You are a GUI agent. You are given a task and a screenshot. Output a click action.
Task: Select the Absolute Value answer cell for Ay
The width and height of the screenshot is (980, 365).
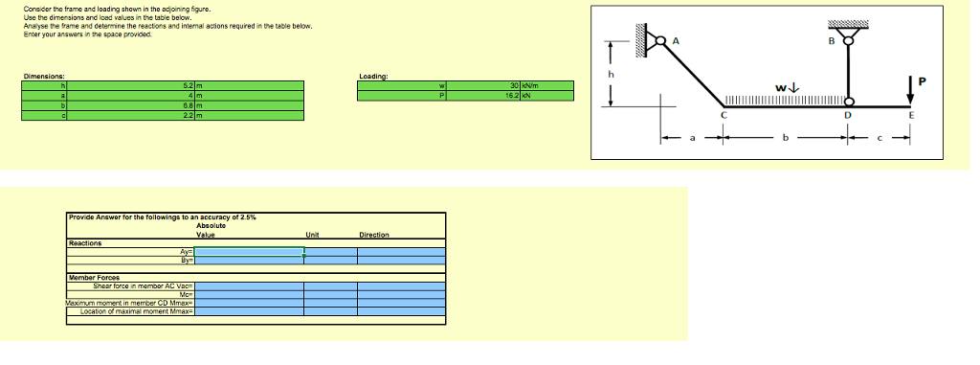tap(249, 251)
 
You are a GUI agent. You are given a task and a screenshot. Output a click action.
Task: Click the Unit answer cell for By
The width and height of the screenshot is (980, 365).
tap(330, 259)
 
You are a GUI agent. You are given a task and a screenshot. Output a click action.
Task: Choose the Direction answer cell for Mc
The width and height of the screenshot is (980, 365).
tap(401, 293)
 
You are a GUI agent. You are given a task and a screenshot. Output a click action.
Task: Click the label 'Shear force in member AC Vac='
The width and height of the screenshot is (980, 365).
tap(144, 285)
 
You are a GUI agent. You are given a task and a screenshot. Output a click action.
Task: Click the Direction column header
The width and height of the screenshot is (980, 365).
tap(373, 235)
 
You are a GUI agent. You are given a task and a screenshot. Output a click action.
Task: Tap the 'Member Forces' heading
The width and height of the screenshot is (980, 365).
tap(91, 277)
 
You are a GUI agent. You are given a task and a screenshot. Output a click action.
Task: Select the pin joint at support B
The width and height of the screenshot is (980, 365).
tap(847, 40)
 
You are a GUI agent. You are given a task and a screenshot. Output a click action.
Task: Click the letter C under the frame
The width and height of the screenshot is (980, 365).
tap(724, 115)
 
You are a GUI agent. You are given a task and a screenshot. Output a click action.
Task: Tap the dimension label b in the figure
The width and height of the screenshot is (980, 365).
tap(785, 139)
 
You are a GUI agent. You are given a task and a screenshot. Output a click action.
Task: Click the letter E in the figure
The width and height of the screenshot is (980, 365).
tap(911, 115)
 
